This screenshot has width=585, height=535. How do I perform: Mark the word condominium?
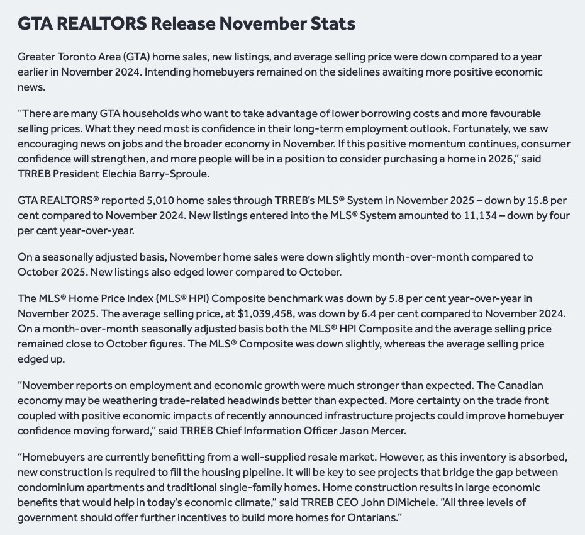click(x=50, y=487)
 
